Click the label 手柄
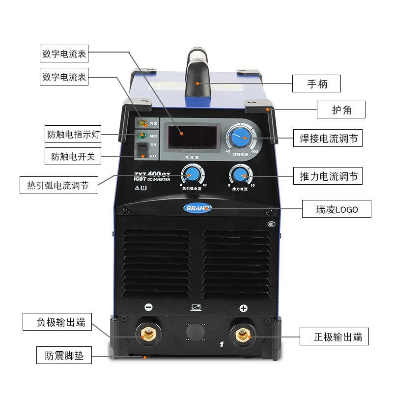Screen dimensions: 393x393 coord(316,84)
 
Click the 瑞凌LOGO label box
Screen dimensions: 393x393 coord(337,209)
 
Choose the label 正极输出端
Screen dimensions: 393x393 coord(338,337)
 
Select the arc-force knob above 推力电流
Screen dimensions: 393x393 coord(239,174)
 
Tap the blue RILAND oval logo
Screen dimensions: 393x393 coord(196,208)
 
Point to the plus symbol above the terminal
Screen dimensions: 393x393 coord(242,308)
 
